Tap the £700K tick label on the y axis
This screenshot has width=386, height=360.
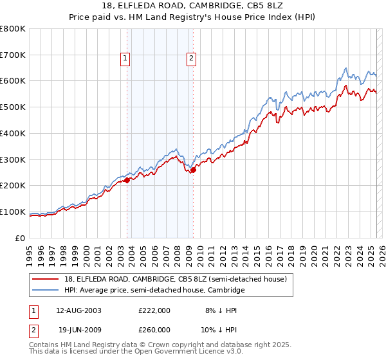pos(13,55)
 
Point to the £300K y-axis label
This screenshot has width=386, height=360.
pos(13,159)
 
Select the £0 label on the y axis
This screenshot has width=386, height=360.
pos(21,238)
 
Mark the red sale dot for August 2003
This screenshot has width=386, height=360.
pos(127,180)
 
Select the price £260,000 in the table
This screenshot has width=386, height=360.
pos(154,329)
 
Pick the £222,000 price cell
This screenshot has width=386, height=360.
pos(154,310)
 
